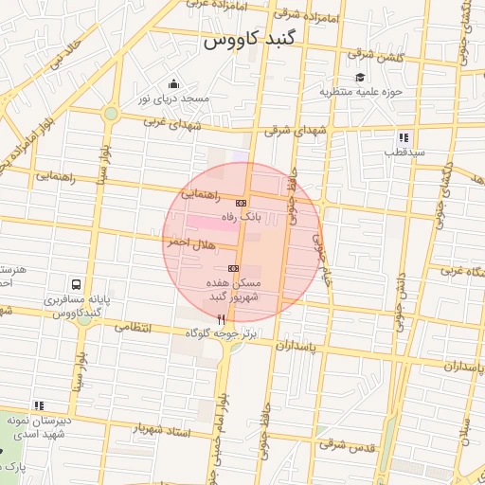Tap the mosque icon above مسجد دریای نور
(x=172, y=84)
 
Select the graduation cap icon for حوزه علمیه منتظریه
(x=359, y=78)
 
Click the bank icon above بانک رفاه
(x=241, y=203)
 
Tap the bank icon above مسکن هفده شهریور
(x=233, y=269)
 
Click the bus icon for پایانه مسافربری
(x=75, y=284)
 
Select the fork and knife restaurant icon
(x=222, y=320)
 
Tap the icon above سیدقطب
(x=404, y=136)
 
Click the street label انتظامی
(x=134, y=327)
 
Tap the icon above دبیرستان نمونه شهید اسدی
(x=39, y=405)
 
